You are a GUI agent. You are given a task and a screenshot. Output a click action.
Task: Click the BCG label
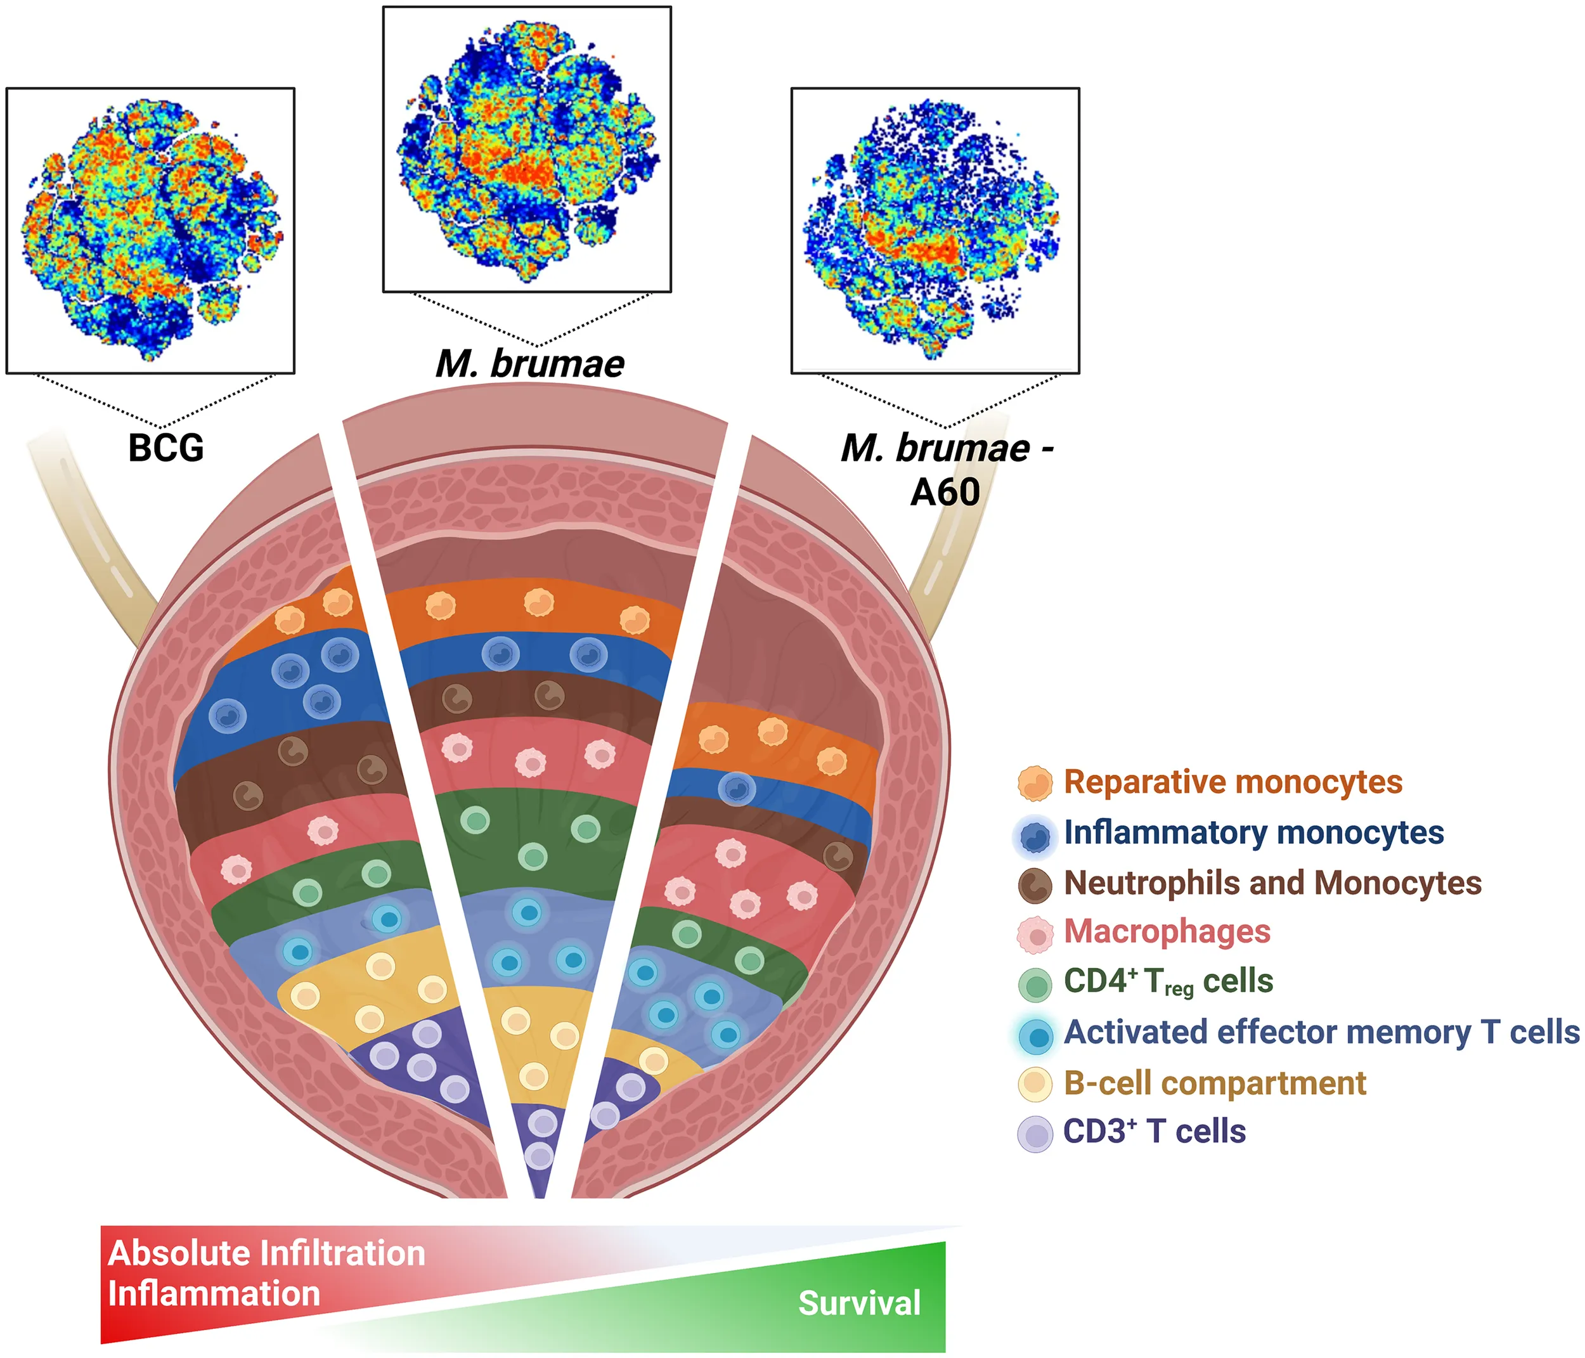166,448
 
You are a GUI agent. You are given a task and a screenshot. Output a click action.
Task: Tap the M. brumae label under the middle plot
530,363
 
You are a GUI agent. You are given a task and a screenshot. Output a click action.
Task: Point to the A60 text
945,492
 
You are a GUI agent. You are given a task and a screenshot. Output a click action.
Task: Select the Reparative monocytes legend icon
1035,784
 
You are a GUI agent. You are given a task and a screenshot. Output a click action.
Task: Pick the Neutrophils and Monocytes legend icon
1035,884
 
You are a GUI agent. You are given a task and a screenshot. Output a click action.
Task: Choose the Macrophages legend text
1167,932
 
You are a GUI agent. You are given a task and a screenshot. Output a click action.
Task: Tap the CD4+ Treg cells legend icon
1035,984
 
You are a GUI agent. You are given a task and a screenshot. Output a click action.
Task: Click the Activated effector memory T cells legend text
1321,1032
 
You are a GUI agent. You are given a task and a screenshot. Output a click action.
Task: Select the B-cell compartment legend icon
1035,1084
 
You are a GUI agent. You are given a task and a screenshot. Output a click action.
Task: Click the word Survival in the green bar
859,1303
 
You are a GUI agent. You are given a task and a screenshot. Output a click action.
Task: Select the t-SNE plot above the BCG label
151,230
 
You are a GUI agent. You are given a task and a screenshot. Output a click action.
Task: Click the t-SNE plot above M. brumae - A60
935,230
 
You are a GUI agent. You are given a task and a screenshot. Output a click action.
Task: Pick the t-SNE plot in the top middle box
527,149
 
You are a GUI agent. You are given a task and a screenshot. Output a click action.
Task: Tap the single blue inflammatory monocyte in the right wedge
737,789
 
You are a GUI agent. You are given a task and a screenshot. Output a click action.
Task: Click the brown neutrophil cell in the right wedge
838,856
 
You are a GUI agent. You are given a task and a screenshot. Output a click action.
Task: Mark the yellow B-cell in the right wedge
653,1061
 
